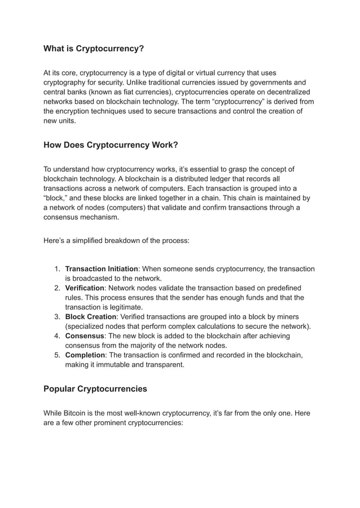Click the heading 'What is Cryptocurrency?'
94,49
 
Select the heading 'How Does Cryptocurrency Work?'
111,145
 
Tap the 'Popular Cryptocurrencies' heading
95,388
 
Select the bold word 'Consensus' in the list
85,336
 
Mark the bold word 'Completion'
86,355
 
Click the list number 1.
57,269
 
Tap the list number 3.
57,317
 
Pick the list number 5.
57,355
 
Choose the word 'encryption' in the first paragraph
78,111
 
